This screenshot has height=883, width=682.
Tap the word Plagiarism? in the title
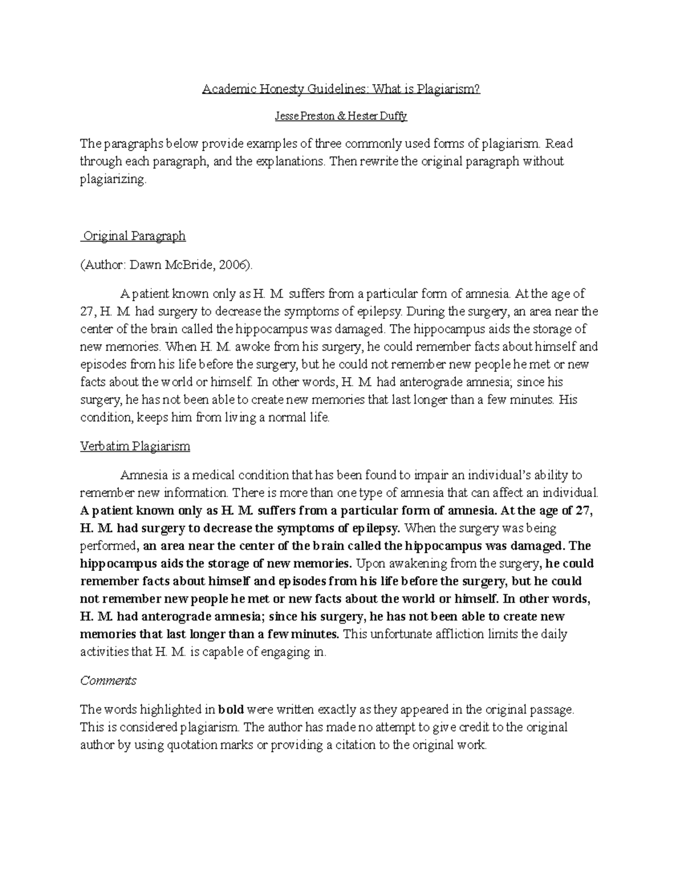pos(448,89)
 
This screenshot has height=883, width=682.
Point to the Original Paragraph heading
pos(134,236)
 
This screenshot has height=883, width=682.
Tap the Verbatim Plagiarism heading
pos(135,446)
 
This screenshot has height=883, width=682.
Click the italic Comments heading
pos(108,681)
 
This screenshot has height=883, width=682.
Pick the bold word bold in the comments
pos(231,710)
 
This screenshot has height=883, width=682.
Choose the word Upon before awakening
pos(368,563)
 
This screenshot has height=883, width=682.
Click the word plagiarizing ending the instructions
pos(113,180)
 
